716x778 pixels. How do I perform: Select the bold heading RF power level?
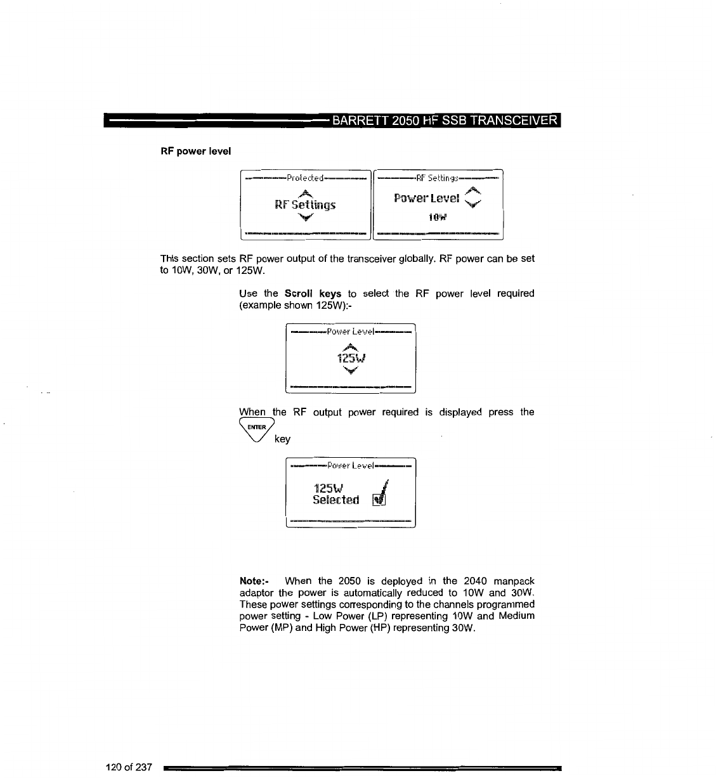[x=195, y=151]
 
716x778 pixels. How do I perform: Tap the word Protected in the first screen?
[x=305, y=178]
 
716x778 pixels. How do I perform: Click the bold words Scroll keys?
[x=313, y=294]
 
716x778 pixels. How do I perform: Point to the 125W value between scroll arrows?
[x=350, y=358]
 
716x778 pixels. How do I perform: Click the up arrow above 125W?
[x=350, y=346]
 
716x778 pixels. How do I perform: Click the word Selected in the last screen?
[x=336, y=500]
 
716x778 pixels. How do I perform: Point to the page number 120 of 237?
[x=129, y=768]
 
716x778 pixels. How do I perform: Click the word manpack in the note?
[x=513, y=581]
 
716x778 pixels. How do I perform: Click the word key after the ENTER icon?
[x=283, y=439]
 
